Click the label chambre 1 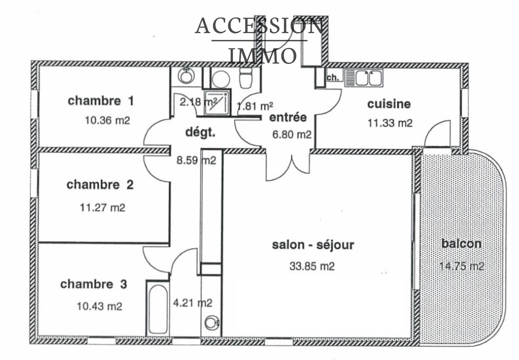101,101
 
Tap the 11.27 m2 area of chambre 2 103,207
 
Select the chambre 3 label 93,284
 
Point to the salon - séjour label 313,245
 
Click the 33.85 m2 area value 312,266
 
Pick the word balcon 461,243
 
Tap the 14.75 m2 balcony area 461,266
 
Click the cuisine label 389,104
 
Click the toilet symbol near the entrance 246,79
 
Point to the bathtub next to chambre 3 158,308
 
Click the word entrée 288,117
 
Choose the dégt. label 200,132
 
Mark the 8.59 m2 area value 196,160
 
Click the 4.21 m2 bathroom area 193,303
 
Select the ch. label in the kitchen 332,78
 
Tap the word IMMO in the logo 262,56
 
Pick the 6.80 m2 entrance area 292,134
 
